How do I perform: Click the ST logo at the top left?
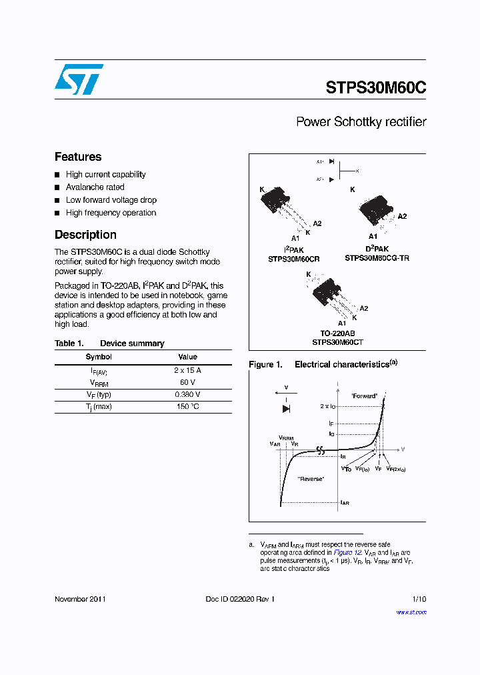pyautogui.click(x=79, y=80)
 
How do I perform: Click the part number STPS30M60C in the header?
pyautogui.click(x=376, y=88)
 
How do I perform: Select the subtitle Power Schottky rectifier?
pyautogui.click(x=361, y=122)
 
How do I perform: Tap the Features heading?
pyautogui.click(x=78, y=157)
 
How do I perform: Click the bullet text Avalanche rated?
pyautogui.click(x=95, y=187)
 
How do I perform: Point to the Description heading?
pyautogui.click(x=85, y=235)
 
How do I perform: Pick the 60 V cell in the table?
pyautogui.click(x=187, y=382)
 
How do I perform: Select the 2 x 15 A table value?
pyautogui.click(x=187, y=370)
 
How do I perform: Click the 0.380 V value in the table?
pyautogui.click(x=187, y=394)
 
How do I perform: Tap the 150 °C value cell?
pyautogui.click(x=187, y=406)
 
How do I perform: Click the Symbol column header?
pyautogui.click(x=99, y=357)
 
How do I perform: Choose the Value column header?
pyautogui.click(x=187, y=357)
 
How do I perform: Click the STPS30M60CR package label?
pyautogui.click(x=294, y=257)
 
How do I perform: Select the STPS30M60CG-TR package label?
pyautogui.click(x=377, y=257)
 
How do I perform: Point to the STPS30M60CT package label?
pyautogui.click(x=337, y=342)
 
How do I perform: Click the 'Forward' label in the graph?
pyautogui.click(x=364, y=396)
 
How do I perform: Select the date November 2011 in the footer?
pyautogui.click(x=80, y=599)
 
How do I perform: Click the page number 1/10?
pyautogui.click(x=419, y=599)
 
